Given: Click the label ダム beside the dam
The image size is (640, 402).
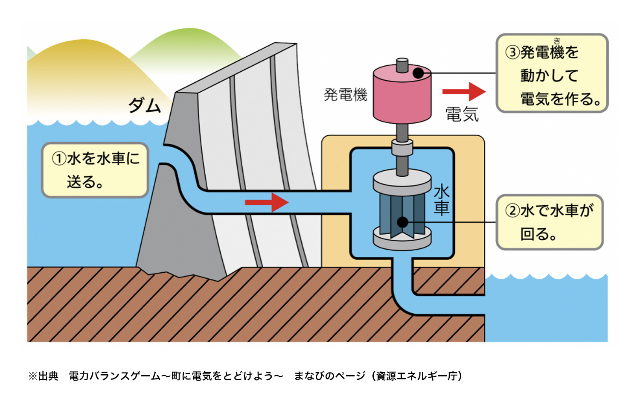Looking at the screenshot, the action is (x=145, y=105).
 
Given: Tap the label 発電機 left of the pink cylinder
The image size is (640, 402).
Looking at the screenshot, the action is (x=345, y=95).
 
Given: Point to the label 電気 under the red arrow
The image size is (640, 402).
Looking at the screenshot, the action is (x=462, y=114).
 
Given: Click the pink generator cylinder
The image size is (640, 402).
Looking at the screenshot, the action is (x=402, y=94).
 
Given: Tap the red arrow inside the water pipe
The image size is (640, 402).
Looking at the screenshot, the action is (x=267, y=202).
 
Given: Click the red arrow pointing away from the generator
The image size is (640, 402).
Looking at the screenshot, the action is (x=464, y=91).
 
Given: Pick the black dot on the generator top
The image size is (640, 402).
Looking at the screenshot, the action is (x=418, y=73).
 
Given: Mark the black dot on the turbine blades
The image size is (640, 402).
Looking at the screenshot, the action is (x=403, y=222).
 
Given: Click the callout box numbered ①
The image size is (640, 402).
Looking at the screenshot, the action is (x=95, y=170).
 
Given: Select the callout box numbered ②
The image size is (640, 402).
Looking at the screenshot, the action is (x=550, y=222).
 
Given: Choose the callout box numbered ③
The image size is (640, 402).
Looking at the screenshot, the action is (x=552, y=73).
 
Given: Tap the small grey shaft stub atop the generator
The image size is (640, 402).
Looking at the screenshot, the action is (x=402, y=65).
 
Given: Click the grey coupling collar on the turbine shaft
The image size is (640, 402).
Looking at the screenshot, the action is (x=402, y=147).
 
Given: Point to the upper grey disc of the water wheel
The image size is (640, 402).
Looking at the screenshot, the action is (x=402, y=182).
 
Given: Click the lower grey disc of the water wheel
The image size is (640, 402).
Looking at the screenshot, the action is (x=402, y=239).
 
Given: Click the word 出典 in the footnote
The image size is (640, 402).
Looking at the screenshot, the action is (x=48, y=376).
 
